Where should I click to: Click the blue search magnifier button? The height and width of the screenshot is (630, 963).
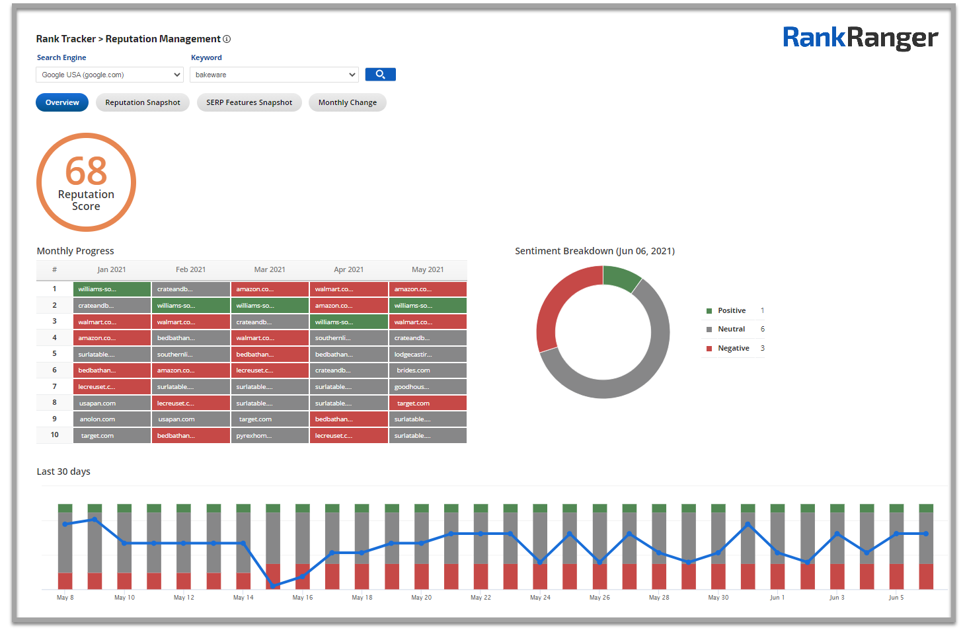coord(380,75)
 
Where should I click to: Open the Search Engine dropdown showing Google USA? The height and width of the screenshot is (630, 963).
coord(109,75)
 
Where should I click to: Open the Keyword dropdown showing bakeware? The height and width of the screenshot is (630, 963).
coord(274,75)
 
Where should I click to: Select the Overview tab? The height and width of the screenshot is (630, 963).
coord(62,102)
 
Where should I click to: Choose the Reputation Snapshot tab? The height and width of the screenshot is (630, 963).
coord(143,102)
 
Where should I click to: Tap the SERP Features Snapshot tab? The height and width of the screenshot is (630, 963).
coord(249,102)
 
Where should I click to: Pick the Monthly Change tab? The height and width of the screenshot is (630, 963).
coord(347,102)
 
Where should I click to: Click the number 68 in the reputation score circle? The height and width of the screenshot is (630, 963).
coord(86,171)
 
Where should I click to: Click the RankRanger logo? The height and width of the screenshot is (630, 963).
coord(860,38)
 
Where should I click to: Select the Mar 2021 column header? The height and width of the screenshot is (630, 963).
coord(270,269)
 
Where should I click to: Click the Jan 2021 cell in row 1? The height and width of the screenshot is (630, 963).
coord(112,289)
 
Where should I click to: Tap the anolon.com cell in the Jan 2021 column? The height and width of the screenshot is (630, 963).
coord(112,419)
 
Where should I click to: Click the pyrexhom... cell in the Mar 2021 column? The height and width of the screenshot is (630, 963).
coord(270,436)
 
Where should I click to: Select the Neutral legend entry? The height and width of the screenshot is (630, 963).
coord(731,329)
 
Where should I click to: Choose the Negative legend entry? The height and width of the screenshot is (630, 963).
coord(733,348)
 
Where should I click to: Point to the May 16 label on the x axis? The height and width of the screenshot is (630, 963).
coord(303,598)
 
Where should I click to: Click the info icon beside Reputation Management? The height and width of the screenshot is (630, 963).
coord(227,39)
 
